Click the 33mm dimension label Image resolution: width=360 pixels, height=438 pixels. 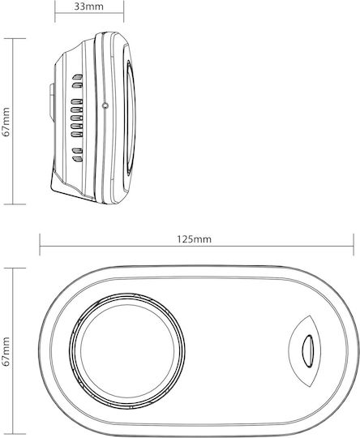[x=89, y=6]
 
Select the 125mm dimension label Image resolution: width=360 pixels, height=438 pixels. [x=195, y=239]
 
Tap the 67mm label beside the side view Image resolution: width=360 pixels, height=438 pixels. [x=6, y=121]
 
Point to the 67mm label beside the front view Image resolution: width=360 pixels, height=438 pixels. [x=6, y=352]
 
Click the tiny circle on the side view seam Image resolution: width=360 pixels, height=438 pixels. [x=105, y=105]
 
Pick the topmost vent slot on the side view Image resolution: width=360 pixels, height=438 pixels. [x=77, y=76]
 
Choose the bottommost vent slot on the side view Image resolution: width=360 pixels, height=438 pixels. [x=77, y=159]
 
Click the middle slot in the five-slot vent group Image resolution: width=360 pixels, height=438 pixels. [x=77, y=118]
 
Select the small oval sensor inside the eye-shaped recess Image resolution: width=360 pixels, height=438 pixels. [x=307, y=350]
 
